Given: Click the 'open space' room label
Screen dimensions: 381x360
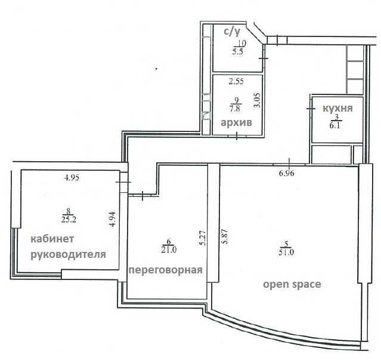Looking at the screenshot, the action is (x=292, y=284).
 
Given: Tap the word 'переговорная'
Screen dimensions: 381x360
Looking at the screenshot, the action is (x=166, y=270).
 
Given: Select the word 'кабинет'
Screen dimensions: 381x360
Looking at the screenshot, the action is (x=52, y=239).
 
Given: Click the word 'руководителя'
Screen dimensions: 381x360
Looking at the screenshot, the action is (x=69, y=255).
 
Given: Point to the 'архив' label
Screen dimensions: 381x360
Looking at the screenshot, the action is (x=236, y=122).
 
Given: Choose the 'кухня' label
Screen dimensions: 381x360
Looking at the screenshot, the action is (x=337, y=108).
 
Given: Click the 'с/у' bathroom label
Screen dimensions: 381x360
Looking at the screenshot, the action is (x=232, y=32).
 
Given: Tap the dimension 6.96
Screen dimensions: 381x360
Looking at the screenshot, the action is (x=287, y=173).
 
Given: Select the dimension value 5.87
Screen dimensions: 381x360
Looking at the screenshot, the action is (x=225, y=236).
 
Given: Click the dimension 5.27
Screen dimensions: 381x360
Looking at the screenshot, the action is (x=203, y=238).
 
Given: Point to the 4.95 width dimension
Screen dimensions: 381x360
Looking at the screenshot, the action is (x=72, y=178).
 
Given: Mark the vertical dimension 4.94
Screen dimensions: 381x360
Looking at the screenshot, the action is (x=113, y=219).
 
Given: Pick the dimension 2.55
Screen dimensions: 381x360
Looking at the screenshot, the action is (x=236, y=81).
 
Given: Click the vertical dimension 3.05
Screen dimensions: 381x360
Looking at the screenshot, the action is (x=257, y=100).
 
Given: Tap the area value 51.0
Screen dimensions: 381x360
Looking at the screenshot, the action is (x=286, y=253).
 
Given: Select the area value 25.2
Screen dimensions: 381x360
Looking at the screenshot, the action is (x=69, y=220).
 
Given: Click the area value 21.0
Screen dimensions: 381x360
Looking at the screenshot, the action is (x=169, y=250).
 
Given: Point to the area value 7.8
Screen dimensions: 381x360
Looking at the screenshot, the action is (x=234, y=108).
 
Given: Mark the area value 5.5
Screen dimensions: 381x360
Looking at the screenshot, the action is (x=237, y=52).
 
